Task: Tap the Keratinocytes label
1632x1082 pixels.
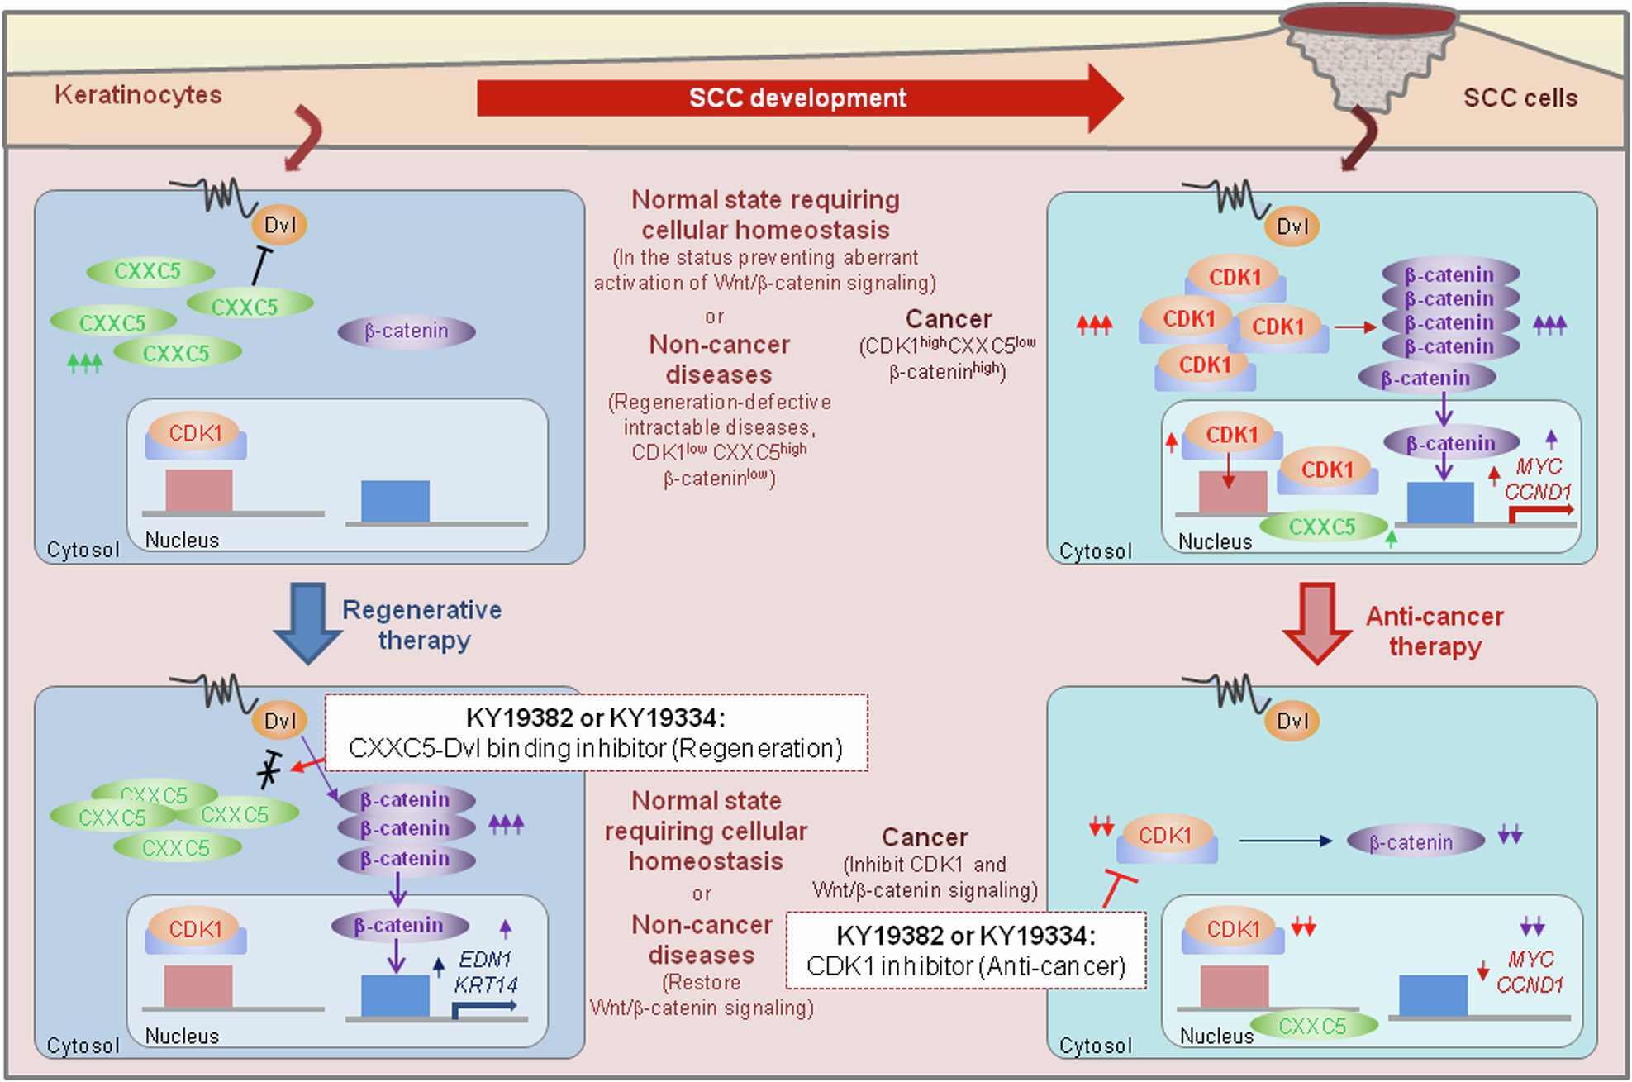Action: (138, 95)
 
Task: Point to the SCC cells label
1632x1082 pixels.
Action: (1520, 98)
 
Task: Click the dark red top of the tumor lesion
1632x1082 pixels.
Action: (1368, 20)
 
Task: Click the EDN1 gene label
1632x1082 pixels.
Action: (485, 960)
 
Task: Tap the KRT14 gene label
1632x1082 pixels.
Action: (485, 985)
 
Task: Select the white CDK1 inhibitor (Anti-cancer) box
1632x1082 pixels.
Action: (965, 951)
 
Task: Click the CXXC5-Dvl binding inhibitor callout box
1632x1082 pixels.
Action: (596, 733)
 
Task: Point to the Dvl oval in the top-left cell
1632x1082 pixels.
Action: (279, 225)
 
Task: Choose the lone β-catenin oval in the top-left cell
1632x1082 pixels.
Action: (406, 331)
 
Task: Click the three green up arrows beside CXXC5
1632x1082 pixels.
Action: (84, 362)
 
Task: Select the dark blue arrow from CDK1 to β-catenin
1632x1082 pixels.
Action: (1285, 841)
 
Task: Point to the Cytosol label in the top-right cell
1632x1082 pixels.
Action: (1095, 551)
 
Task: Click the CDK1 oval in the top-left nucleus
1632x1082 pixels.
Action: (195, 433)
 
